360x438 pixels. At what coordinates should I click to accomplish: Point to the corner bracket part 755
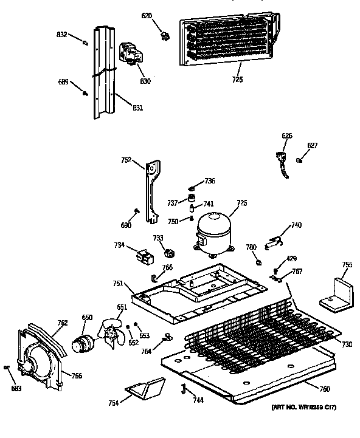coord(337,295)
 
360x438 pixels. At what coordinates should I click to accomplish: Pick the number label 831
coord(138,108)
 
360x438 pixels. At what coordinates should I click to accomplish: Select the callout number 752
coord(126,161)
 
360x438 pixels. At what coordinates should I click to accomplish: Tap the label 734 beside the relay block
coord(119,245)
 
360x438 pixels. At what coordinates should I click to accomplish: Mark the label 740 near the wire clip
coord(296,225)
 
